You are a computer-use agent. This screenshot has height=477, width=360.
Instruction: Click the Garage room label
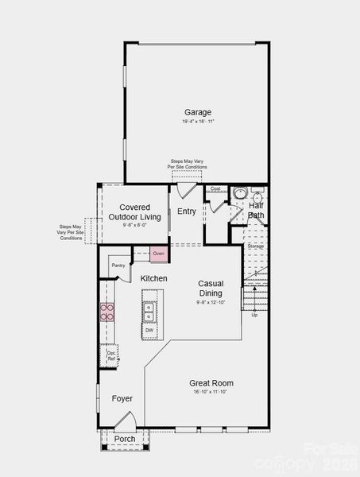coord(198,112)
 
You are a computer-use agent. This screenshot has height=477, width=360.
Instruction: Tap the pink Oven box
coord(159,254)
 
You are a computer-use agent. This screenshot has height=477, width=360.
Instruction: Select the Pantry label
coord(118,266)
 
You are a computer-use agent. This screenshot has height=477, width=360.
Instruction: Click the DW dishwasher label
coord(149,330)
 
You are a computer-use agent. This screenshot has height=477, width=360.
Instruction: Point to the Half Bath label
coord(256,211)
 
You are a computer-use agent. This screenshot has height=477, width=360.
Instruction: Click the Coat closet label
coord(215,188)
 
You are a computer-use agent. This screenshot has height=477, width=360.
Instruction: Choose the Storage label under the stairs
coord(255,246)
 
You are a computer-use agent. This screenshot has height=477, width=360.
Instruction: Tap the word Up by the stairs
coord(254,315)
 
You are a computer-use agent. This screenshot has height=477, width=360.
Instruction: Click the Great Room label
coord(211,383)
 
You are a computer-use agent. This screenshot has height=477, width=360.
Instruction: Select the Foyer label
coord(122,398)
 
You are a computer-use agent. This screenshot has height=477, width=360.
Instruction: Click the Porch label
coord(125,439)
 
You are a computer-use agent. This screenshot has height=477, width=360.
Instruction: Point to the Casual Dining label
coord(211,289)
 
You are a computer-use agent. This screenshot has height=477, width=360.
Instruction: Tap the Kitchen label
coord(153,278)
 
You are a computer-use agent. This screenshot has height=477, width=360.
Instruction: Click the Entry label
coord(187,211)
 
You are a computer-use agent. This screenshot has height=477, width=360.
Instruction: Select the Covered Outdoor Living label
coord(135,212)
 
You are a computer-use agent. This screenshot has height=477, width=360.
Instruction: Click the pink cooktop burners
coord(106,312)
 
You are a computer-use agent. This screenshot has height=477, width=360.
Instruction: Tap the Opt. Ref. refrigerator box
coord(111,355)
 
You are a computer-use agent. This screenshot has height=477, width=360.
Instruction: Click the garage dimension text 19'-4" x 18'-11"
coord(198,122)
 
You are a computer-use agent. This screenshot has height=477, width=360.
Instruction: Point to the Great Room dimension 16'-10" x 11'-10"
coord(211,392)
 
